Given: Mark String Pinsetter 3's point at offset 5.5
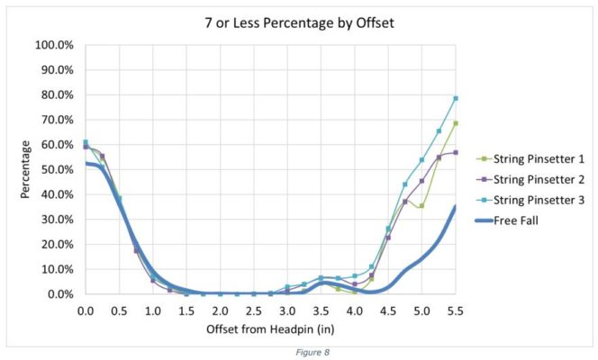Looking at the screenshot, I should [456, 98].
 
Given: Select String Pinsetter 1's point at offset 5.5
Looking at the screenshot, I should [456, 123].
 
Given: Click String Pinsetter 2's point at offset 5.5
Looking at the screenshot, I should [456, 152].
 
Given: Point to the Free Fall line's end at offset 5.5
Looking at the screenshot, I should [456, 207].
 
